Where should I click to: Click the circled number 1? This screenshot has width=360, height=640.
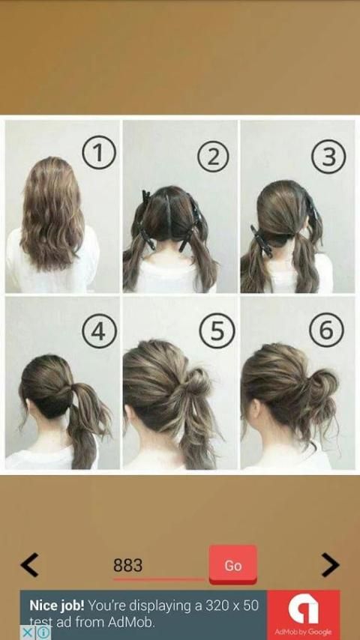99,153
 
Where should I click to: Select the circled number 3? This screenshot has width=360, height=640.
328,157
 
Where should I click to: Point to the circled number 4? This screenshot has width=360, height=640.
99,331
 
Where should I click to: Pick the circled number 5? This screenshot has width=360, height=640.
217,330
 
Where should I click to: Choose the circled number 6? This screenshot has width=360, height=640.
326,330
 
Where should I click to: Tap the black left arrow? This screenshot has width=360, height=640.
29,565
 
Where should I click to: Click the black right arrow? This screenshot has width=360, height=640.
330,565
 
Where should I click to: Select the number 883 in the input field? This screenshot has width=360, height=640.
128,565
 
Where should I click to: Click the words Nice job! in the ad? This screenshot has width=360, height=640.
57,606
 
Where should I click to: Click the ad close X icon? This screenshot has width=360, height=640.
27,633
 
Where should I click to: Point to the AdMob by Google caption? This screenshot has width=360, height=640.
303,632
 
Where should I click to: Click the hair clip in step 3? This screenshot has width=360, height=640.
262,241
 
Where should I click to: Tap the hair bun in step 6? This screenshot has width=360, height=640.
322,385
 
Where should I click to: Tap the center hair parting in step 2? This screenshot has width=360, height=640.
167,212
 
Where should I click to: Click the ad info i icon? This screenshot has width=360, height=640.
44,633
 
